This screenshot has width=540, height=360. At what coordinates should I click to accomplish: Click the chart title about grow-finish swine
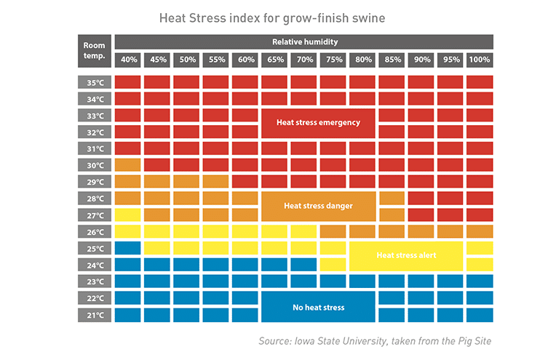click(269, 16)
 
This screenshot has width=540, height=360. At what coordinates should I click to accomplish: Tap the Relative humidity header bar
click(304, 42)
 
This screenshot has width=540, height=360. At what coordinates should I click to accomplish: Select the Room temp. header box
click(94, 50)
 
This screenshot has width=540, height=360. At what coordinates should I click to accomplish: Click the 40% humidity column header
click(127, 60)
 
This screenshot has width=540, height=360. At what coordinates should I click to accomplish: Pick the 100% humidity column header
click(479, 60)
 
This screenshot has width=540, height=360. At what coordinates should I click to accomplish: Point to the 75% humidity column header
click(333, 60)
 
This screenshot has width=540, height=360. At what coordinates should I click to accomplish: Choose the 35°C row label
click(94, 82)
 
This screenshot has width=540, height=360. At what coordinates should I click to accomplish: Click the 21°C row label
click(94, 315)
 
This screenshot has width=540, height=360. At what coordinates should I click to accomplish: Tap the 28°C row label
click(94, 199)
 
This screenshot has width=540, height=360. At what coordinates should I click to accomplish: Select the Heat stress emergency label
click(318, 123)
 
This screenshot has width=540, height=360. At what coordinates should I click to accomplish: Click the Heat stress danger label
click(318, 206)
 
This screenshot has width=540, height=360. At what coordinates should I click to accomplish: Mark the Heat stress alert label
click(406, 255)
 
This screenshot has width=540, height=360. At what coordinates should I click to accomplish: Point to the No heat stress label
click(318, 308)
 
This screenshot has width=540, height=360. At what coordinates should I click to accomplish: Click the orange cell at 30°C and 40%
click(127, 165)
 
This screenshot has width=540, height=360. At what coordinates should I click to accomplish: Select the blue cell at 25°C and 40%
click(127, 248)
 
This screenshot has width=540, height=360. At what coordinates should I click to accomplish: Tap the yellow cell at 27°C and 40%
click(127, 215)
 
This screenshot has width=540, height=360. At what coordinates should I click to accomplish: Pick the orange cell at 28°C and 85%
click(392, 198)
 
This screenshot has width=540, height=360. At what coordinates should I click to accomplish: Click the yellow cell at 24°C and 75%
click(333, 265)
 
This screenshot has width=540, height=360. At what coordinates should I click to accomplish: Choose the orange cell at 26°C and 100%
click(479, 231)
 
